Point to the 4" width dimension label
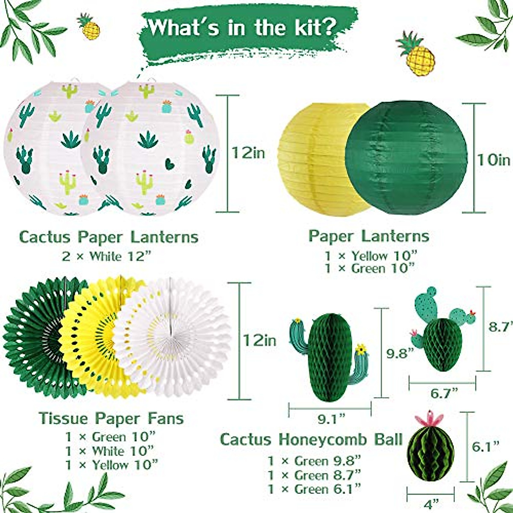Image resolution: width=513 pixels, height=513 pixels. (433, 508)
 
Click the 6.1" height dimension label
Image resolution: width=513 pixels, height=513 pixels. (486, 447)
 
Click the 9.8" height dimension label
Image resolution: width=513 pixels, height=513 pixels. (401, 353)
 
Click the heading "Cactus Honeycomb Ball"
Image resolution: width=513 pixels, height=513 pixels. (311, 439)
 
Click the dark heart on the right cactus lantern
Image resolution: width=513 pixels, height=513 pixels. (169, 164)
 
